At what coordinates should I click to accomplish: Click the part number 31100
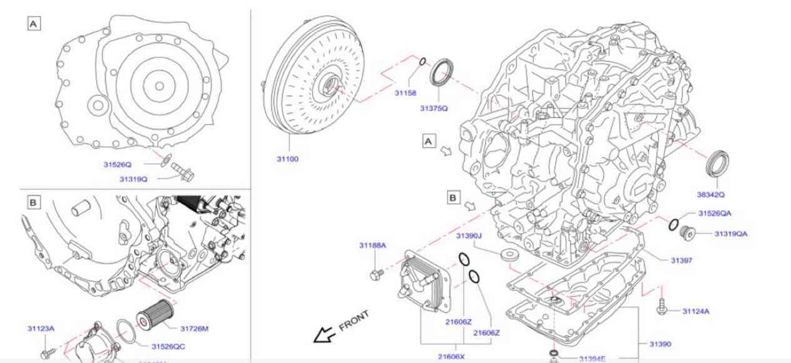coord(288,159)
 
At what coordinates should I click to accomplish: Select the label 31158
coord(405,93)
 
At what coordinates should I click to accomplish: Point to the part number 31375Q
coord(433,108)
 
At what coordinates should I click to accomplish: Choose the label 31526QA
coord(715,213)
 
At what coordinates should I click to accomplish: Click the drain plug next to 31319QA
coord(688,231)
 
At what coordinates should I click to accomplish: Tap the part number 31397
coord(681,260)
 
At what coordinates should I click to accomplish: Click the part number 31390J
coord(468,236)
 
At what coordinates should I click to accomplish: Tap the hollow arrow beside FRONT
coord(323,336)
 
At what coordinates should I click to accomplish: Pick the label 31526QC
coord(168,346)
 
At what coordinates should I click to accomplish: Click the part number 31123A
coord(41,328)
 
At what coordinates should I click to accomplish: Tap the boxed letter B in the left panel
coord(33,202)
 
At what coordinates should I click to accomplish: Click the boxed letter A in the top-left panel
coord(33,24)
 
